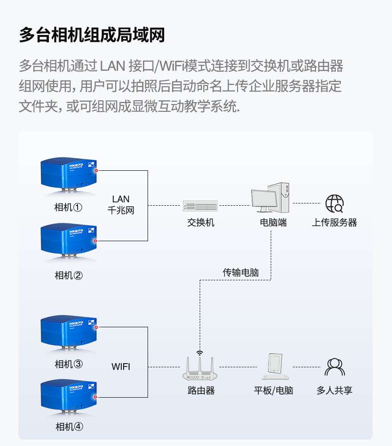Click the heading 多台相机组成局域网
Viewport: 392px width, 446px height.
click(x=92, y=35)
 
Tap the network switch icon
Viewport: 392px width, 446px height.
click(x=200, y=206)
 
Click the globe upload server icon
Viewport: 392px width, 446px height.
click(x=334, y=203)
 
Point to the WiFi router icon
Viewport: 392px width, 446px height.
click(x=200, y=368)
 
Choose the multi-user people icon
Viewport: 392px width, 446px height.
click(x=335, y=367)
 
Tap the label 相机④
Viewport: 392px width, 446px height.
click(x=69, y=427)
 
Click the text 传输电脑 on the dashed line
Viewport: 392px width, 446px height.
click(x=241, y=272)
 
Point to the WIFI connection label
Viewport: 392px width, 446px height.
click(x=121, y=367)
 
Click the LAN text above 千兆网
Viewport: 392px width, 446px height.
click(x=121, y=199)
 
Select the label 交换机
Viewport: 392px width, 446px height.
click(x=201, y=223)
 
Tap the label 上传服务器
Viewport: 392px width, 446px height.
click(x=334, y=223)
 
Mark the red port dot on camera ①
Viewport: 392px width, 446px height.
click(x=96, y=171)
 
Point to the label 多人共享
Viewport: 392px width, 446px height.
click(x=334, y=391)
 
